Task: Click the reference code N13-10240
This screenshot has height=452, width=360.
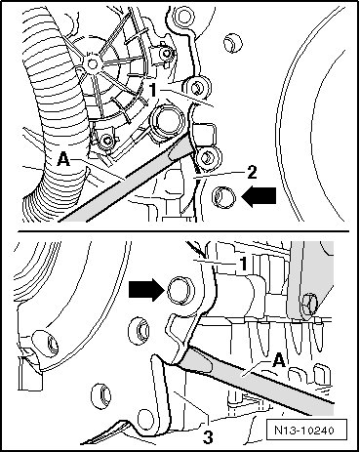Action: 304,431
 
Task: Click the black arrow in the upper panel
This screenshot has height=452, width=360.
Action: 260,197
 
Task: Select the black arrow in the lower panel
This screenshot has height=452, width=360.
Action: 145,290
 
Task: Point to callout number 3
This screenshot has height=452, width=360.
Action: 208,436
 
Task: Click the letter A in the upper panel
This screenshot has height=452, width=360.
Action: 62,159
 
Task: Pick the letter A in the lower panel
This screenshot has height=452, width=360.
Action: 279,361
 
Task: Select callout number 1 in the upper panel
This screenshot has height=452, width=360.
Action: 153,90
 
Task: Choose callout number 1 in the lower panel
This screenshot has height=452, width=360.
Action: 243,264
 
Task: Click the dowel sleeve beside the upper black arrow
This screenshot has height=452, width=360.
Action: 223,197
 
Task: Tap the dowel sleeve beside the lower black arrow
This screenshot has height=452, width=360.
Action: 180,290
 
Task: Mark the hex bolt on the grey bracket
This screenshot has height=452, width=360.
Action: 309,302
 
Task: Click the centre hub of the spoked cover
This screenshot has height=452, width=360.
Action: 92,63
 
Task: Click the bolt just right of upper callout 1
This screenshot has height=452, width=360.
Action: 197,88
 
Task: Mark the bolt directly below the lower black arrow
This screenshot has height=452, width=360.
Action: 140,331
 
